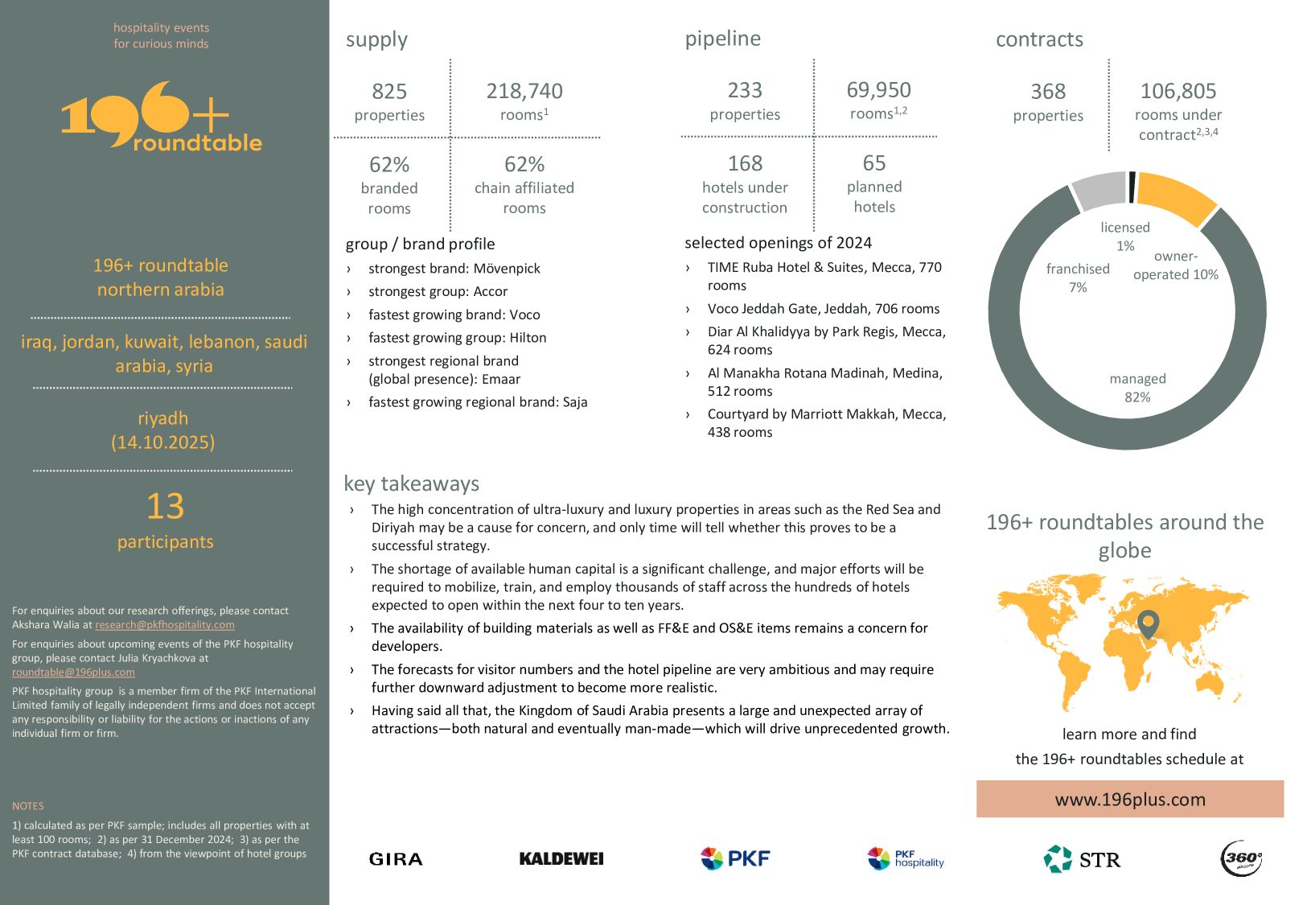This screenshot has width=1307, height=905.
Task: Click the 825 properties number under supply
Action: [389, 92]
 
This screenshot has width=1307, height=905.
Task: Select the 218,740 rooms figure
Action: [524, 92]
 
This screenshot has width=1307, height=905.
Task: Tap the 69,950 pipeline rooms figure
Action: [878, 90]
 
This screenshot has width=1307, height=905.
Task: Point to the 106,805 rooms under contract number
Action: [1178, 92]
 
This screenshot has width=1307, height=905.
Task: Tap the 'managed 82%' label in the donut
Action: [1137, 388]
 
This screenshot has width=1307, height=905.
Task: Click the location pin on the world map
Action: [1149, 623]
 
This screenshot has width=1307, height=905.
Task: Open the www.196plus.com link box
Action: [1129, 800]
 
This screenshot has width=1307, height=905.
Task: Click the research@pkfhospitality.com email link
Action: [165, 625]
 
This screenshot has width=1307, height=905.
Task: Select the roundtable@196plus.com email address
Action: [73, 673]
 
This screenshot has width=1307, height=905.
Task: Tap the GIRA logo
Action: [396, 859]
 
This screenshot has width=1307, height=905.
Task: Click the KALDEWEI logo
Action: [561, 859]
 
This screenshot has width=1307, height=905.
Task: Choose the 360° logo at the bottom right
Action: [1242, 858]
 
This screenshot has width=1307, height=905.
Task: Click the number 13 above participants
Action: [165, 507]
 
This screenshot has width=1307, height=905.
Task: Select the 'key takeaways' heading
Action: [411, 483]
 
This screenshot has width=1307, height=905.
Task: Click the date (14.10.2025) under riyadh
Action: [163, 442]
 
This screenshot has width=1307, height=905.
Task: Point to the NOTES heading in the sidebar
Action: [28, 806]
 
